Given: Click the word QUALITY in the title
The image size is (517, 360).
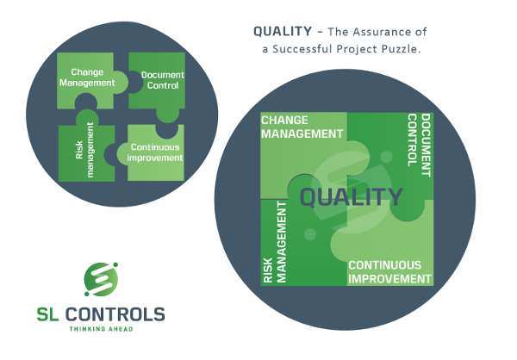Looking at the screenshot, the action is click(283, 32).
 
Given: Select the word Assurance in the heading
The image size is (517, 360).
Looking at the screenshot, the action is click(378, 32).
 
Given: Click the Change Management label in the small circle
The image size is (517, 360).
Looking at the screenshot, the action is click(87, 78).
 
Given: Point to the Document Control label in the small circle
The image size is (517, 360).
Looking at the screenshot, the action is click(163, 80).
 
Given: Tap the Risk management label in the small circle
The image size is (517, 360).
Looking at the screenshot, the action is click(84, 150).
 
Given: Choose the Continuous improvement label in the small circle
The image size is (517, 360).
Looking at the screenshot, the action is click(155, 152).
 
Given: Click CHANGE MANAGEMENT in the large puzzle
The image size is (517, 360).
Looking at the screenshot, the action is click(302, 127).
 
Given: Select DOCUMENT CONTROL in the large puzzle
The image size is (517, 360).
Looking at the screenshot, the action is click(419, 145).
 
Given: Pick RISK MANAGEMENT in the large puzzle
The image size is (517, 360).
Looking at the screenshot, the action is click(275, 242).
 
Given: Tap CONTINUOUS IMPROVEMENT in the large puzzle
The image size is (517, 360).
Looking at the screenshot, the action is click(389, 272).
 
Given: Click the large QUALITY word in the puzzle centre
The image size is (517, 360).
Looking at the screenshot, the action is click(352, 197).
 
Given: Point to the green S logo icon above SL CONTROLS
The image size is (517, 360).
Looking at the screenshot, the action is click(101, 279).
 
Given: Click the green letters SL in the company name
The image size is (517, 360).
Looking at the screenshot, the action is click(47, 314).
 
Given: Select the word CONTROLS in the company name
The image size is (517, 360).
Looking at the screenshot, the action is click(115, 314).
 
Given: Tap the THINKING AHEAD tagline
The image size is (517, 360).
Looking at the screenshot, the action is click(101, 329).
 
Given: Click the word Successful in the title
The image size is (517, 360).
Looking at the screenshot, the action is click(302, 49).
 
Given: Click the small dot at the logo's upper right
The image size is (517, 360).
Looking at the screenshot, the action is click(115, 264).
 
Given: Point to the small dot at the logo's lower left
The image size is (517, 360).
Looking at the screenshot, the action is click(87, 294).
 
